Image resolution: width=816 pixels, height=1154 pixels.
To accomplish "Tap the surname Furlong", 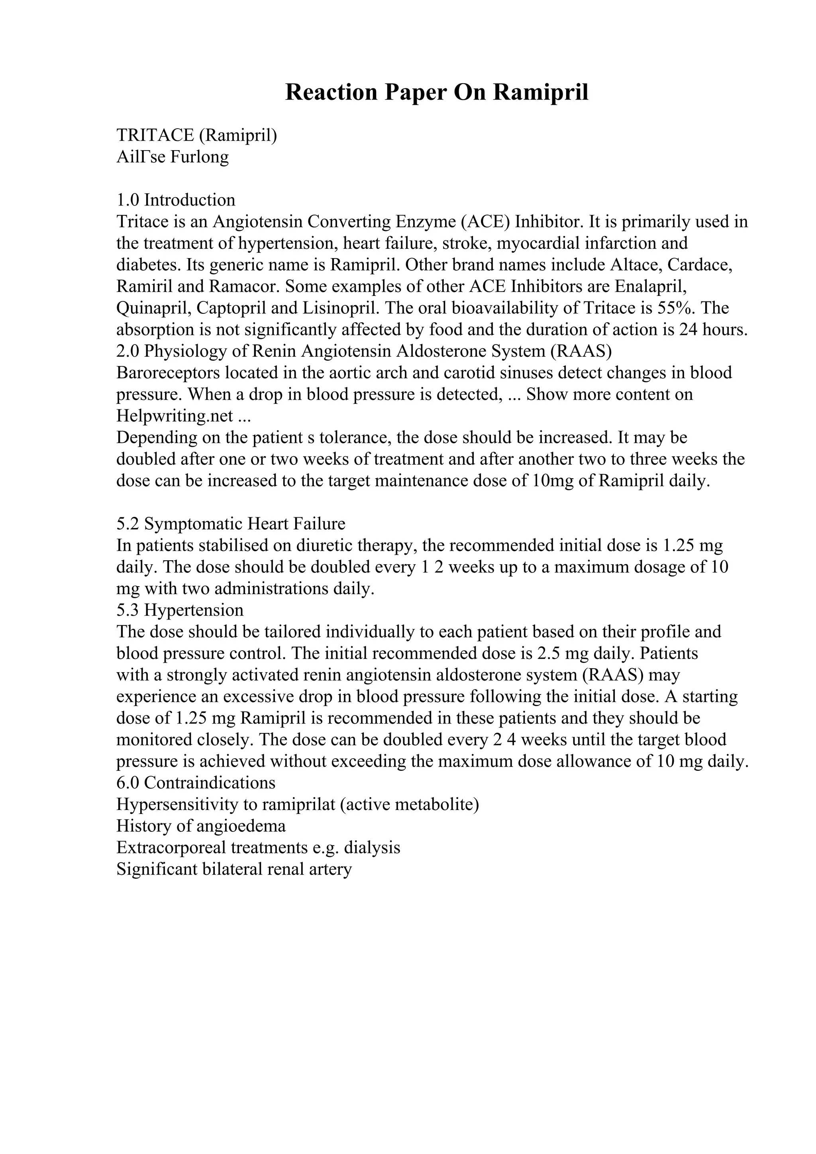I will click(x=199, y=157).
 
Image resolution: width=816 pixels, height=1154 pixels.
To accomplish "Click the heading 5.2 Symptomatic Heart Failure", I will click(x=231, y=524).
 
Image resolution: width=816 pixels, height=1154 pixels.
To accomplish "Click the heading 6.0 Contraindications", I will click(x=196, y=782).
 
